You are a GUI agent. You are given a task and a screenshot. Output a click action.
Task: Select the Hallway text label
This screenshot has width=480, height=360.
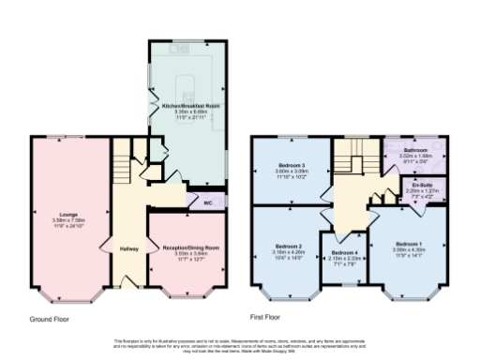coord(128,248)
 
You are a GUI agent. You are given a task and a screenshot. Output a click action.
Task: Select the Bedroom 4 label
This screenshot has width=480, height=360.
coord(343,254)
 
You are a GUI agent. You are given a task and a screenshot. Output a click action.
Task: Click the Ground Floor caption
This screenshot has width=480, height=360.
coord(48,319)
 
